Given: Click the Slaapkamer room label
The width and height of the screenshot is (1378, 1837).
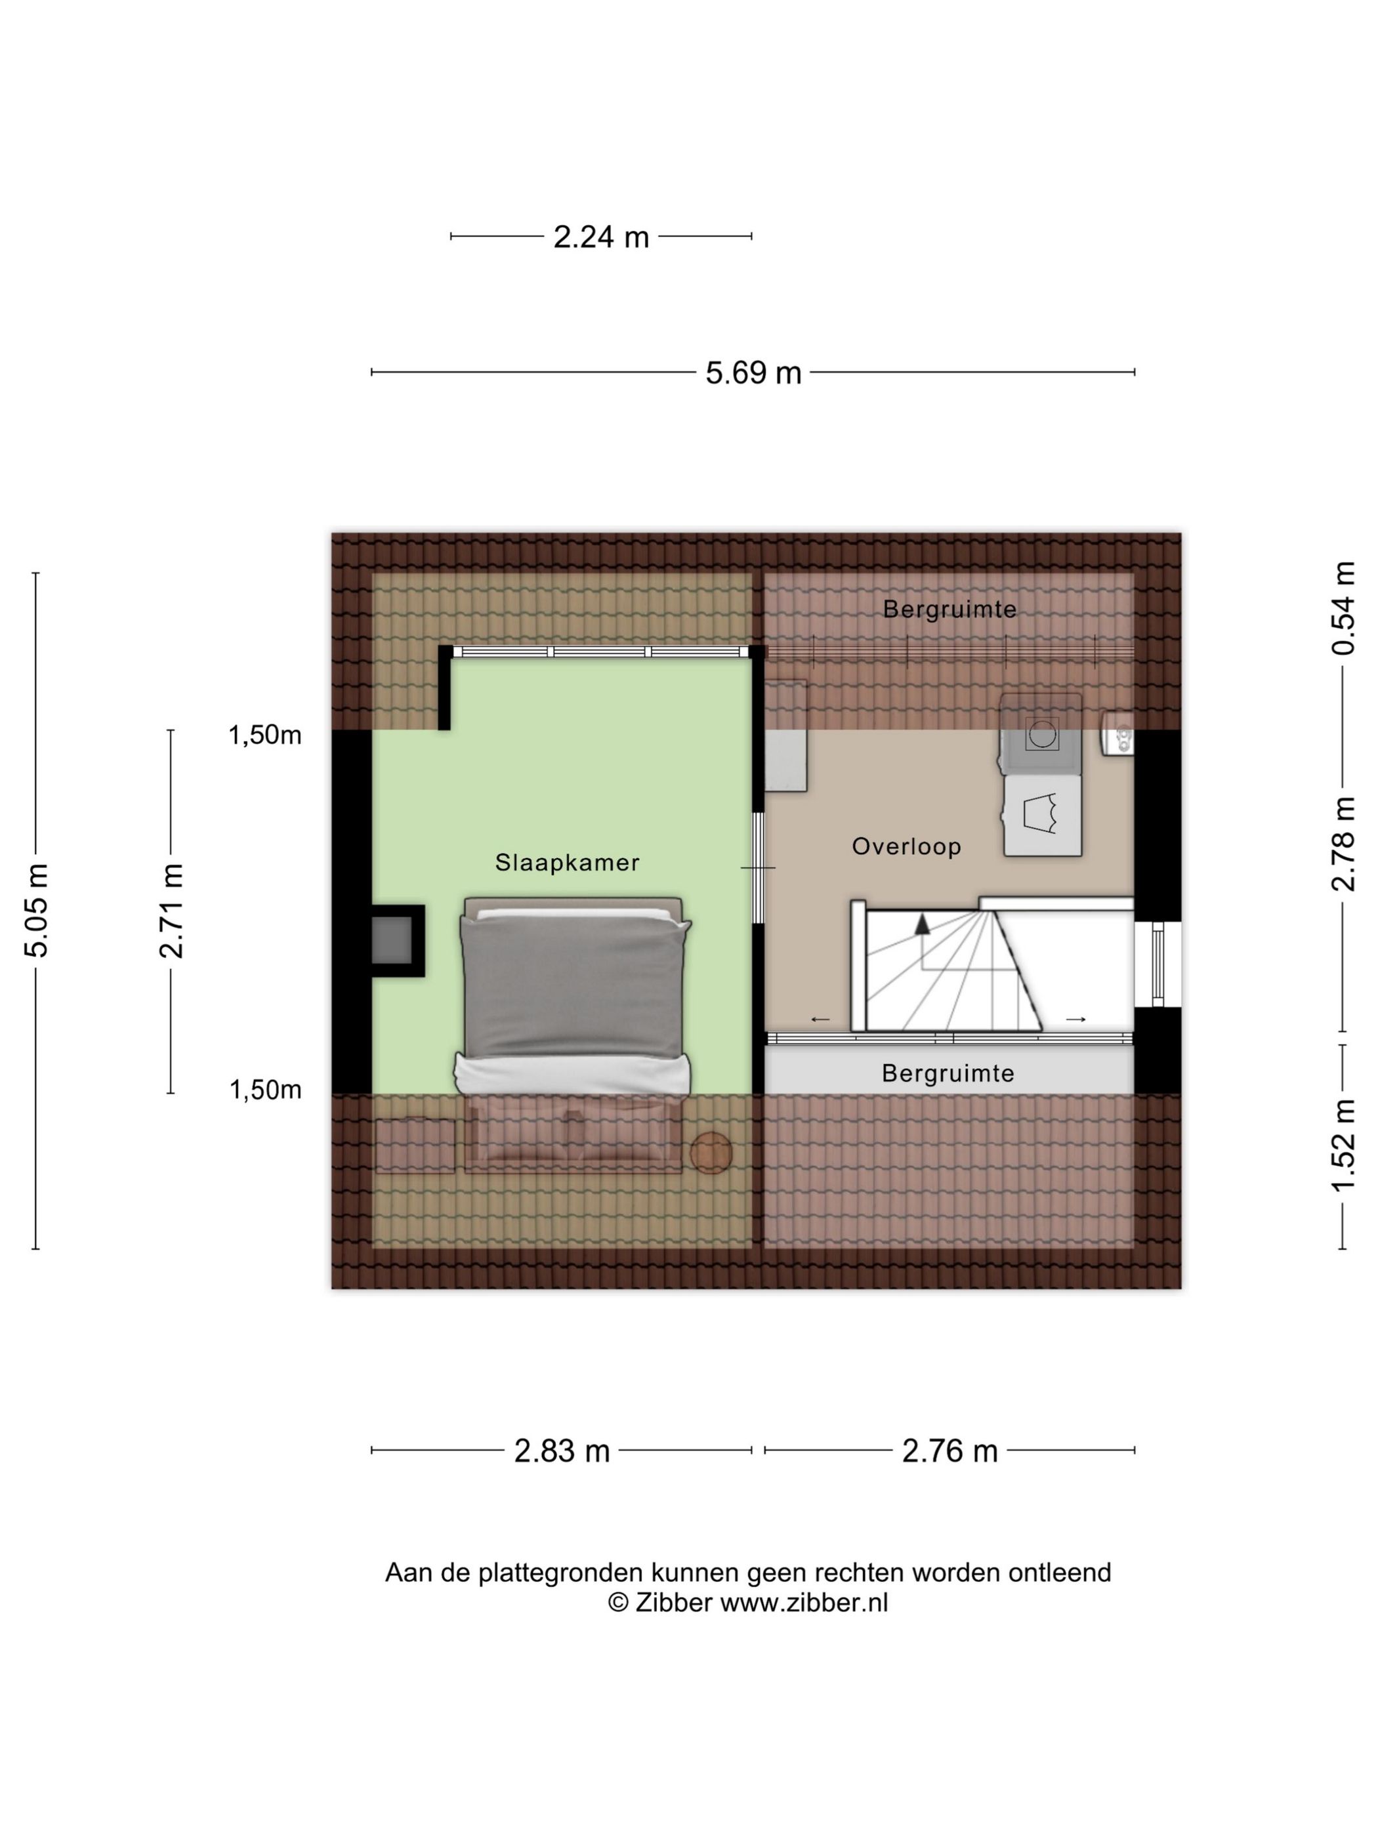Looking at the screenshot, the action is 568,863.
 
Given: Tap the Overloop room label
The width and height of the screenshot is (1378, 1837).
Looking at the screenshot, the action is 906,846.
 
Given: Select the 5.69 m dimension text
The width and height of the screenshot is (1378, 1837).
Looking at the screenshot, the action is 753,373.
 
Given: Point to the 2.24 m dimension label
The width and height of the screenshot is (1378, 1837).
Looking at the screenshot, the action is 601,237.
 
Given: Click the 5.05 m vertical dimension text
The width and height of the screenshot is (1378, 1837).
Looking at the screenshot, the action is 37,910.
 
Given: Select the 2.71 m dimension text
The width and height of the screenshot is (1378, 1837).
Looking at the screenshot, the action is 172,911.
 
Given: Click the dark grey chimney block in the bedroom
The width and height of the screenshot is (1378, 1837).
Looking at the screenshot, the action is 391,940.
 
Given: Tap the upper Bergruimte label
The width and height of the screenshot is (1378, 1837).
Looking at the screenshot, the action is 950,609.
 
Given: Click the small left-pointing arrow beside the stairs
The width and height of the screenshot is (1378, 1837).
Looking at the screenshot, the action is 820,1020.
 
